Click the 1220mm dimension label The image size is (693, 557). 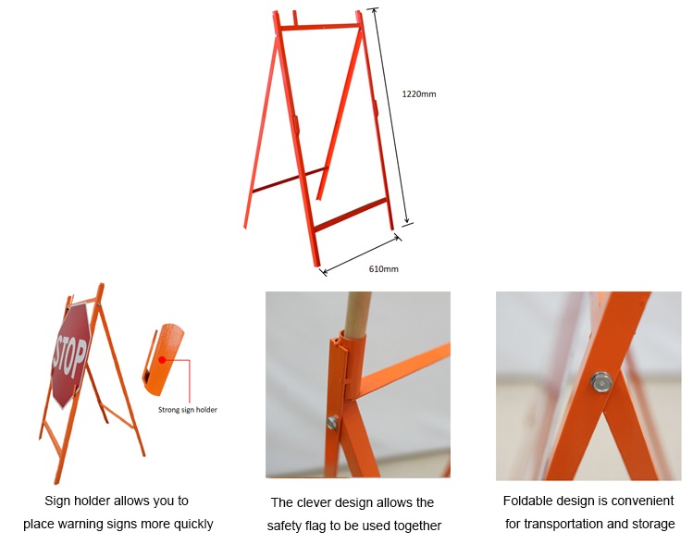pyautogui.click(x=418, y=94)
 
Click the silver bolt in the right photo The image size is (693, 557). pyautogui.click(x=600, y=380)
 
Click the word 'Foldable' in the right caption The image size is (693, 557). pyautogui.click(x=526, y=501)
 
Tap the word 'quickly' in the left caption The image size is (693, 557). pyautogui.click(x=192, y=524)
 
